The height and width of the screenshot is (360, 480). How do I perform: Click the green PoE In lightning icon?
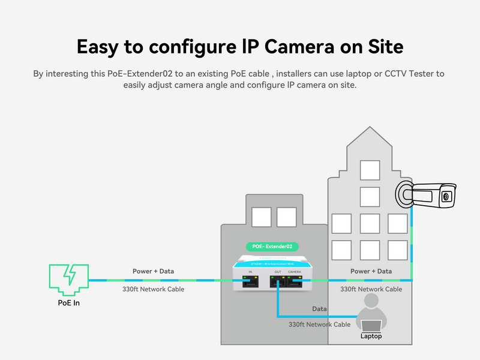[68, 279]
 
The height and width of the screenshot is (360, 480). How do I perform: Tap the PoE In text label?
[68, 303]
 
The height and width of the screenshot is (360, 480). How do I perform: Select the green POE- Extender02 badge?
[272, 247]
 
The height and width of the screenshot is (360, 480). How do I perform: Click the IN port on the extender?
[250, 280]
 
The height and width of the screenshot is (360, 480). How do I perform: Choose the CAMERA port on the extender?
[295, 280]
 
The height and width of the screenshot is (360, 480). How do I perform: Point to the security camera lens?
[446, 196]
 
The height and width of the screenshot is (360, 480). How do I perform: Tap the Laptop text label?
[371, 336]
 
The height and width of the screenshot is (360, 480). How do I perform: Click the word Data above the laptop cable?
[320, 308]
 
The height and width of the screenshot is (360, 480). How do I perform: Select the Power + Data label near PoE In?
[153, 271]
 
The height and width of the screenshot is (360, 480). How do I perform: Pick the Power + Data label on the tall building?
[371, 271]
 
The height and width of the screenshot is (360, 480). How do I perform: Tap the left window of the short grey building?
[261, 217]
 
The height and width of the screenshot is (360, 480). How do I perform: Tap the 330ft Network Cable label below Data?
[319, 324]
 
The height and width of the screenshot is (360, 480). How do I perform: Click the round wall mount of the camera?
[404, 193]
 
